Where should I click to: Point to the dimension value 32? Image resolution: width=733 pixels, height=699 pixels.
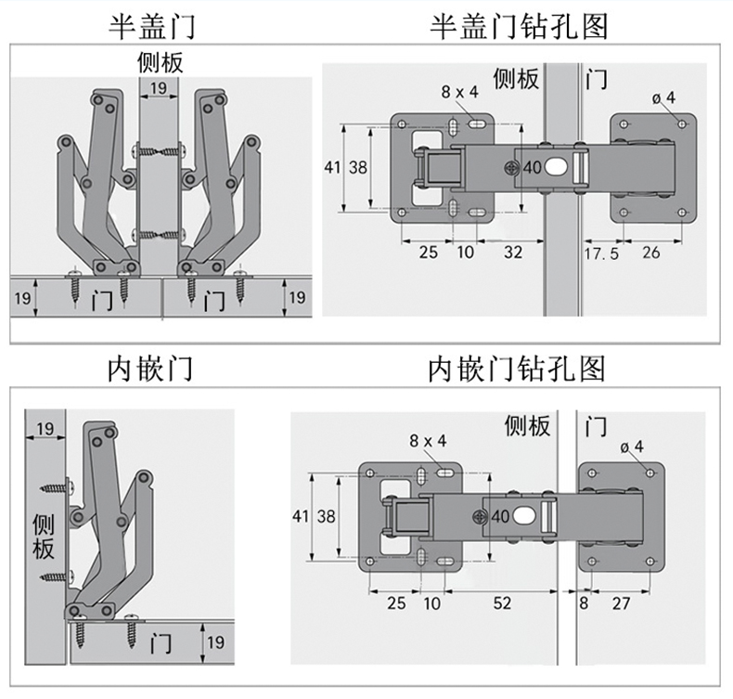pos(512,252)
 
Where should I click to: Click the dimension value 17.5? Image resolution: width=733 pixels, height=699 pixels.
pos(601,252)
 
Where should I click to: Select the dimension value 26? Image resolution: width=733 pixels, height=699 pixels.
pos(651,252)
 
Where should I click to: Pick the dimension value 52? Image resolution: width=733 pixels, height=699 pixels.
pos(502,603)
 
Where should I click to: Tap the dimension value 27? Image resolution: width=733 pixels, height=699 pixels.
pos(621,603)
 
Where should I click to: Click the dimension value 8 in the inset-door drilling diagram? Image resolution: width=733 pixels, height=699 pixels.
pos(584,603)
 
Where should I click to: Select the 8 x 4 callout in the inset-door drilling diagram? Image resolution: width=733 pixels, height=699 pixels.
pos(427,441)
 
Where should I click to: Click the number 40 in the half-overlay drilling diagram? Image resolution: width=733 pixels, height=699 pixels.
pos(532,168)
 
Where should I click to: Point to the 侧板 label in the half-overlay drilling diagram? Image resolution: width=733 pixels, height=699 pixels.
pos(516,79)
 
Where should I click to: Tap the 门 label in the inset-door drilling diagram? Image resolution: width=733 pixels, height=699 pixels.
pos(597,426)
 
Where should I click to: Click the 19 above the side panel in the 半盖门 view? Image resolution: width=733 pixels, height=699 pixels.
pos(158,88)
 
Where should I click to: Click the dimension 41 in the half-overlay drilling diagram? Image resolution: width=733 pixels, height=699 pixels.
pos(332,168)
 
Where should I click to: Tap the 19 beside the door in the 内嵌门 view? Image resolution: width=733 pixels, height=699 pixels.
pos(215,641)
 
